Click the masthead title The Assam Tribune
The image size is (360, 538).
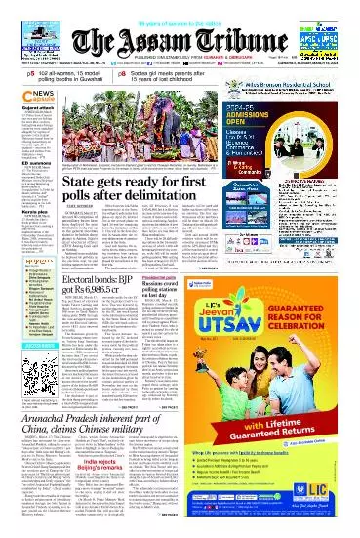[180, 28]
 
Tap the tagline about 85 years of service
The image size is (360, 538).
[180, 6]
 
